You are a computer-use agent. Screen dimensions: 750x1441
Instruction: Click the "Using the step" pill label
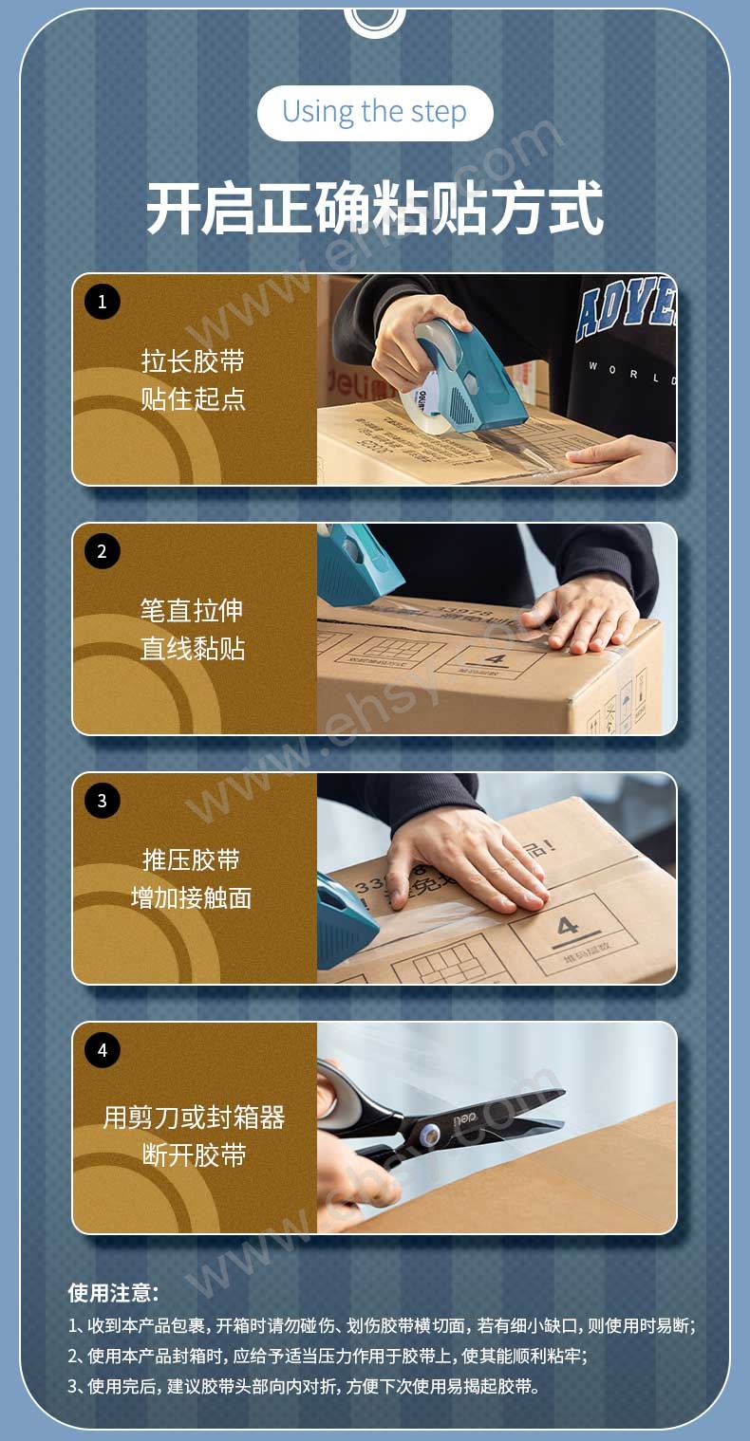pyautogui.click(x=375, y=113)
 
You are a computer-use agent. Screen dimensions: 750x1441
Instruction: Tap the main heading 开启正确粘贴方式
pyautogui.click(x=375, y=208)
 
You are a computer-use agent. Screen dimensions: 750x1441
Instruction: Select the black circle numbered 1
pyautogui.click(x=103, y=302)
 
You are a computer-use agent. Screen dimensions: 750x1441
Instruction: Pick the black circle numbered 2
pyautogui.click(x=103, y=551)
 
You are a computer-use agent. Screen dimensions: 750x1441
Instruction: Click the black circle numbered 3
pyautogui.click(x=103, y=801)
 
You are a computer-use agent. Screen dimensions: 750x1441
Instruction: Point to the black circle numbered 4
pyautogui.click(x=103, y=1050)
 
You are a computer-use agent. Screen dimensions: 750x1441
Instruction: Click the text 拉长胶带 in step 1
pyautogui.click(x=193, y=360)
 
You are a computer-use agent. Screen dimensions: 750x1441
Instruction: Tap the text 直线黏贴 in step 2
pyautogui.click(x=193, y=649)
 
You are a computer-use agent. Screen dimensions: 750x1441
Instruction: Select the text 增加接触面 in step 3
pyautogui.click(x=191, y=897)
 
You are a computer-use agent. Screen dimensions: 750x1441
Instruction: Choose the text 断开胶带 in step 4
pyautogui.click(x=194, y=1155)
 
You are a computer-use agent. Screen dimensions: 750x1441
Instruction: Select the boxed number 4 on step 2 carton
pyautogui.click(x=495, y=658)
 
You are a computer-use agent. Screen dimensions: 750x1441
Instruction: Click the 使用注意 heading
pyautogui.click(x=113, y=1293)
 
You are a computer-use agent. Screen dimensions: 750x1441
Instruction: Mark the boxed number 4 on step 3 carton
pyautogui.click(x=568, y=927)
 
